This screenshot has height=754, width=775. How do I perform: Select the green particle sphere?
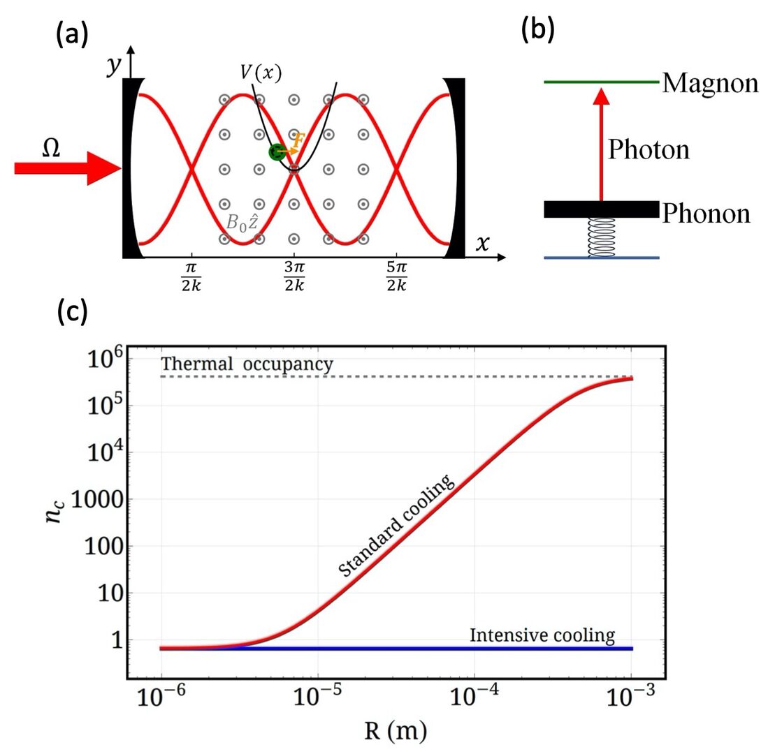(277, 151)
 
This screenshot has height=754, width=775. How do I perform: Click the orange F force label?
(298, 140)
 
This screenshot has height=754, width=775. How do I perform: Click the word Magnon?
(710, 83)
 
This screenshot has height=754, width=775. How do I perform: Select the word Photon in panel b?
(648, 149)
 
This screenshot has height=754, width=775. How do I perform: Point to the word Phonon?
(706, 213)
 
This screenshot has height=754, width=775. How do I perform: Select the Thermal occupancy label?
(247, 364)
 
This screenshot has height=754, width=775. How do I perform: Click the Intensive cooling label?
(542, 636)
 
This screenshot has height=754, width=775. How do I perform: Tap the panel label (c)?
(72, 311)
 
